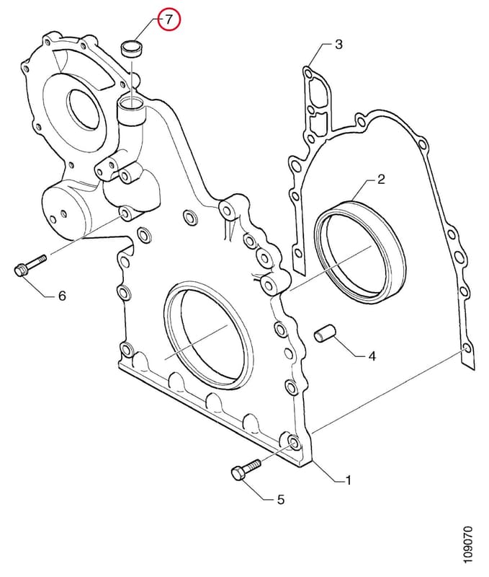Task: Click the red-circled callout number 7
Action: pos(169,19)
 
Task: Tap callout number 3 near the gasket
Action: pos(338,45)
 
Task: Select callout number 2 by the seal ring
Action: pos(381,180)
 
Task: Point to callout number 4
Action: pos(372,356)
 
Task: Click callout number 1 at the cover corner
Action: pos(348,480)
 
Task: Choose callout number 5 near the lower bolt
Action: pos(280,500)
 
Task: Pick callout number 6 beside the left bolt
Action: pos(62,295)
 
